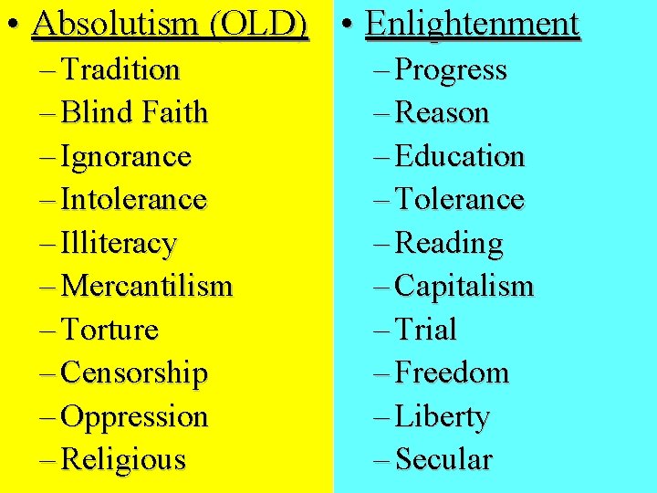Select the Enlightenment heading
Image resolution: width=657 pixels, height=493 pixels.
coord(472,25)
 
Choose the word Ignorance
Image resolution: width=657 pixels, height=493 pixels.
coord(125,157)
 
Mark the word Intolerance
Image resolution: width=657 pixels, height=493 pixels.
coord(133,199)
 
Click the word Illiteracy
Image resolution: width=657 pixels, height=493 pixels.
coord(118,244)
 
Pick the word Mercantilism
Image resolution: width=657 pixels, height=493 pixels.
coord(146,287)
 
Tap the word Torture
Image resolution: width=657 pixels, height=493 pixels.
coord(109,330)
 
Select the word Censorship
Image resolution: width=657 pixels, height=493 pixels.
coord(133,373)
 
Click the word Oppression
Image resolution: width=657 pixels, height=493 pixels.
coord(133,417)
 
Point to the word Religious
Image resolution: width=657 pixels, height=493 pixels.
coord(122,460)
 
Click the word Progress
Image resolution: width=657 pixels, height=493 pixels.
coord(452,70)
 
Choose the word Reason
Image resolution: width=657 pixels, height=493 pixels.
coord(443,113)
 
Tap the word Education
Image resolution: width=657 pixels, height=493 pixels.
coord(460,157)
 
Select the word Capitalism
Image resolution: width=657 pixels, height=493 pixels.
coord(464,287)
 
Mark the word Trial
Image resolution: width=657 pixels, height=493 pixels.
coord(425,330)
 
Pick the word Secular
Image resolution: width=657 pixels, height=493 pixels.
coord(444,460)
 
